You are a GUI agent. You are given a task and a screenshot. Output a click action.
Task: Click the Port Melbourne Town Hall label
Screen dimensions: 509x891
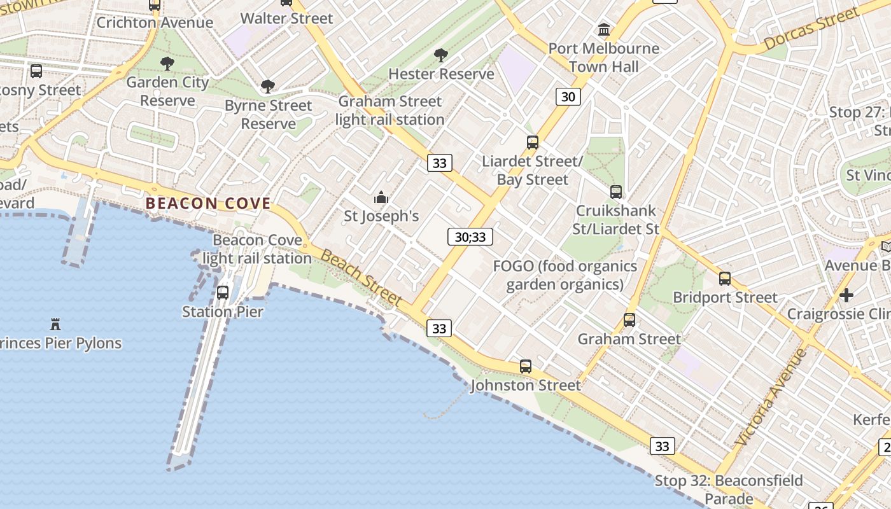coord(604,57)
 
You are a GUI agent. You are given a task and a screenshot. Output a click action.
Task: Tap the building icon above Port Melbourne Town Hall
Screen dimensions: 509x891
coord(604,29)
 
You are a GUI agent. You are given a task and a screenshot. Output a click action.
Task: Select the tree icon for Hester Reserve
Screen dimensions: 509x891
coord(440,55)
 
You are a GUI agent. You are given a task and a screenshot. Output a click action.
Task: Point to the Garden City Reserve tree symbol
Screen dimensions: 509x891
coord(167,64)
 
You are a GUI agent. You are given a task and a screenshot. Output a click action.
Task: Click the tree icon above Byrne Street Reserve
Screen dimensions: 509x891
coord(268,87)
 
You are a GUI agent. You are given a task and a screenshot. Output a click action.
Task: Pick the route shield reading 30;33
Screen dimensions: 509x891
coord(470,237)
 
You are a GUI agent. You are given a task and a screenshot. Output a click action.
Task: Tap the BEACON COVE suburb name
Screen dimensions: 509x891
coord(208,204)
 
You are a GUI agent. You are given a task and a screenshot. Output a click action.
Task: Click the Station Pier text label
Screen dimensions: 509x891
coord(222,312)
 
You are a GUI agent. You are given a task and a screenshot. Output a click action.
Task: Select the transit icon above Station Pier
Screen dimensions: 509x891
coord(223,293)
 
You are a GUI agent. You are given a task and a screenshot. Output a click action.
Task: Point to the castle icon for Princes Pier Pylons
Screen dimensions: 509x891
coord(55,324)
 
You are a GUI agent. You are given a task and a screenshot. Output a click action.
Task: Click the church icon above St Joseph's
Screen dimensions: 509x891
coord(381,198)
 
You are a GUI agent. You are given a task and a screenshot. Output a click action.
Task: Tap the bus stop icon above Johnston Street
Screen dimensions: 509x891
coord(526,366)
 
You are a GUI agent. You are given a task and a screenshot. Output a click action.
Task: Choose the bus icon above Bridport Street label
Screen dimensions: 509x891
coord(724,278)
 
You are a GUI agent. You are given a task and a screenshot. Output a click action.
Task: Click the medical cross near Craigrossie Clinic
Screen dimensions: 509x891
coord(846,295)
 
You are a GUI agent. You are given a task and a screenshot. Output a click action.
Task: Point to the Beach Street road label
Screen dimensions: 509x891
coord(361,277)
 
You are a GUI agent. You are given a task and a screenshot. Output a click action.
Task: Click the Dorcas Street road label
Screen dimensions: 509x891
coord(811,29)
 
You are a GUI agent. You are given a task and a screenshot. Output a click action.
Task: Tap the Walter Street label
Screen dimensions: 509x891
coord(286,18)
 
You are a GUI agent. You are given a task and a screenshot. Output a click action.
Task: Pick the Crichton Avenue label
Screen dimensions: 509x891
coord(155,23)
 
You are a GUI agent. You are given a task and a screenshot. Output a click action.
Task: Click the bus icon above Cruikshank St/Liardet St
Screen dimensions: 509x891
coord(616,192)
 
